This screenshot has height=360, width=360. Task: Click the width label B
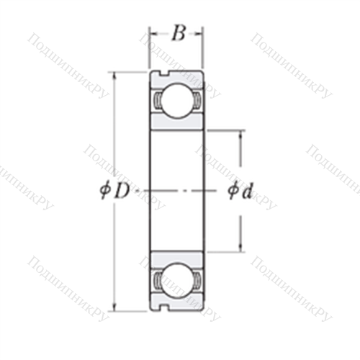[x=179, y=33]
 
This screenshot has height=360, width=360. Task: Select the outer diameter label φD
[x=114, y=192]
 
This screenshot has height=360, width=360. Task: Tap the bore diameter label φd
[x=240, y=192]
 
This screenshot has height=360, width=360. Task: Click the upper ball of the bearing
[x=177, y=101]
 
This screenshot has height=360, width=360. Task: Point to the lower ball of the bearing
[x=177, y=281]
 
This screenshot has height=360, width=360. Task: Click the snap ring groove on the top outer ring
[x=165, y=74]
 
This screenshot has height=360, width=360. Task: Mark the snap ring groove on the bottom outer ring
[x=165, y=308]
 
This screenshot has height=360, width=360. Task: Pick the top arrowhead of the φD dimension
[x=114, y=76]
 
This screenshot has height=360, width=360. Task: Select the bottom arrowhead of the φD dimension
[x=114, y=307]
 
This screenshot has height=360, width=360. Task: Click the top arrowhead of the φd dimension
[x=240, y=135]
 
